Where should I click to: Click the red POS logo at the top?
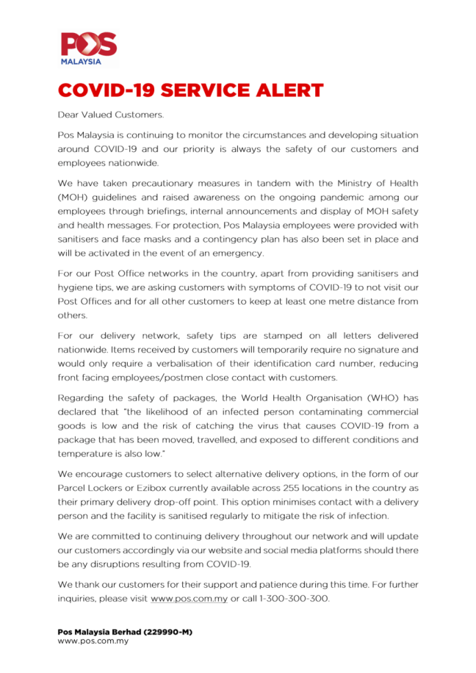88,45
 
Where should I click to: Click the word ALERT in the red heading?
286,90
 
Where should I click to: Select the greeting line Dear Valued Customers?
111,115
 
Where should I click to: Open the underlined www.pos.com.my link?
189,599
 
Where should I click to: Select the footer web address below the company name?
93,641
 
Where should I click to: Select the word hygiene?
77,289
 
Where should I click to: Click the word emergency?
237,253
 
